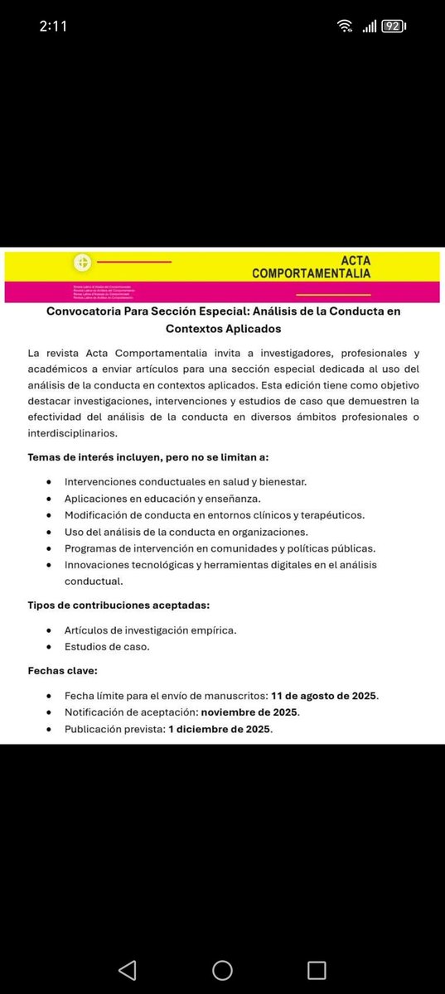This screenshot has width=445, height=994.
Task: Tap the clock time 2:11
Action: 54,26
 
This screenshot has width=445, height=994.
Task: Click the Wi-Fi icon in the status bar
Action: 345,27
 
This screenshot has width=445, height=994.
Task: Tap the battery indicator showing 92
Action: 392,27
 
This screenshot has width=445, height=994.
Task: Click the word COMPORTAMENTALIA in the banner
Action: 311,273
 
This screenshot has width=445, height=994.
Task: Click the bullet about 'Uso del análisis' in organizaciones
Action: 186,532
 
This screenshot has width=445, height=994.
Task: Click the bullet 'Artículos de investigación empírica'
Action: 150,630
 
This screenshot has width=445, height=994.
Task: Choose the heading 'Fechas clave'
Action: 62,670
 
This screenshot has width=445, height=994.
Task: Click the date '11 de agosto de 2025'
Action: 323,696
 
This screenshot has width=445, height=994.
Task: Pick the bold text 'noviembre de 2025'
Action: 249,712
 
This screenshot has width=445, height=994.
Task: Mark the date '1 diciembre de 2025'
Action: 220,729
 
